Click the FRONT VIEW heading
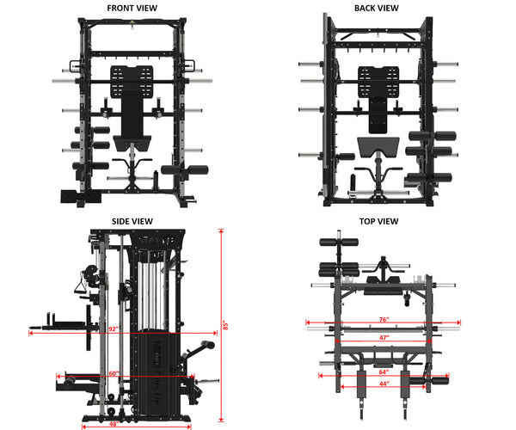(132, 8)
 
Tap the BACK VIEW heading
(376, 8)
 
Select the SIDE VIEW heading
(132, 221)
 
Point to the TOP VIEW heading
(378, 221)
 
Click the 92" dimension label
(113, 329)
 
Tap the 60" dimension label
(113, 374)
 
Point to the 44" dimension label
(384, 384)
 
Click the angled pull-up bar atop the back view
(376, 36)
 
